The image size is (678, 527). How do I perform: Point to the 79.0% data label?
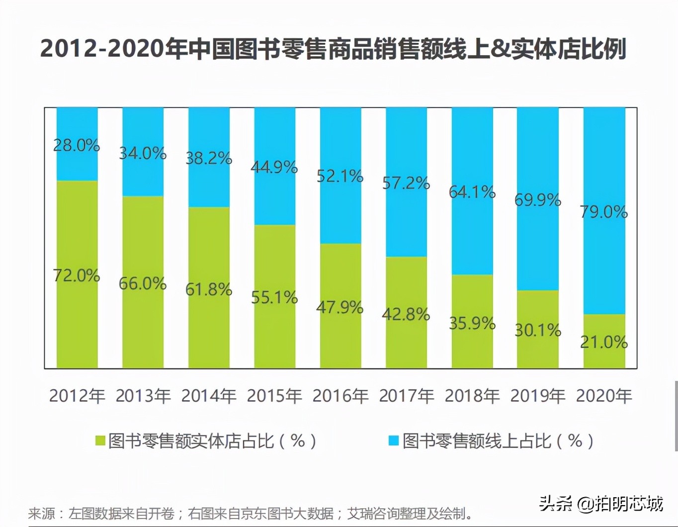tap(604, 212)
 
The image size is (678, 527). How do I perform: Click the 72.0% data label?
tap(77, 275)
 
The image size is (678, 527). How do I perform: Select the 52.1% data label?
tap(340, 176)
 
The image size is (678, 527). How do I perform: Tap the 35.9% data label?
tap(472, 323)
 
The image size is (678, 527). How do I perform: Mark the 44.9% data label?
tap(274, 167)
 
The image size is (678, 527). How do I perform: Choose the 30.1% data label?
tap(538, 330)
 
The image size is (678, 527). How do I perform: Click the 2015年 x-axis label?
tap(274, 396)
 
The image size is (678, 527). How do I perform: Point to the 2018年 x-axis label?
tap(472, 396)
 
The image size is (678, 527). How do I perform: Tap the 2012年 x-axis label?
tap(77, 396)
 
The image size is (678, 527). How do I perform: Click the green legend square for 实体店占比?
tap(100, 440)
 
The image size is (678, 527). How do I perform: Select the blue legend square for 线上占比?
tap(394, 440)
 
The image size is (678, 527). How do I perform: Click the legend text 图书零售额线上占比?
tap(498, 440)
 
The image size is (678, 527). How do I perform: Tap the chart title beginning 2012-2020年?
tap(333, 49)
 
